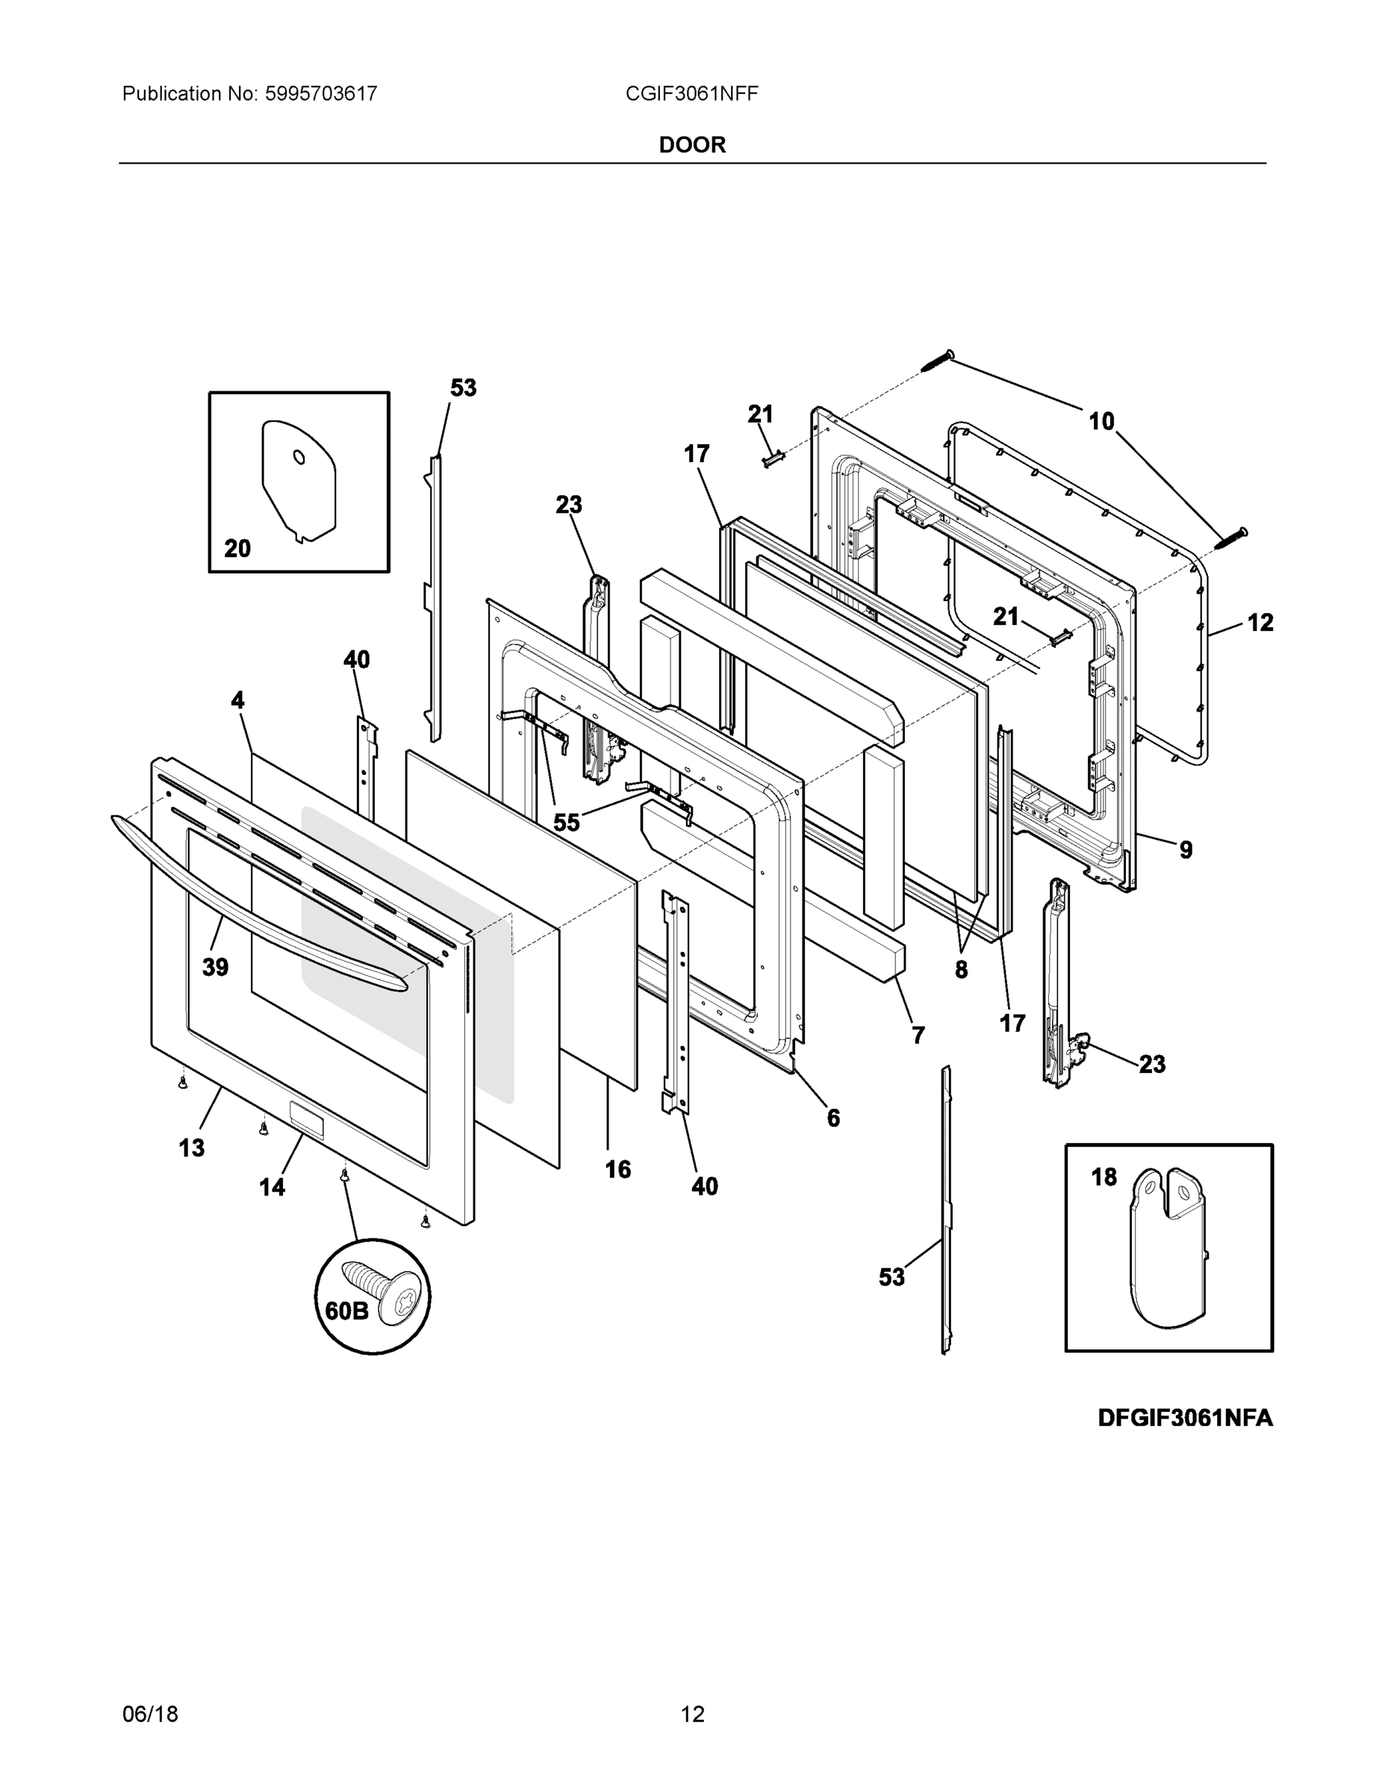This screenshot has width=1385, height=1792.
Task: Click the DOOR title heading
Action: point(691,146)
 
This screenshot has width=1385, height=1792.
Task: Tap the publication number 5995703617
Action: point(320,93)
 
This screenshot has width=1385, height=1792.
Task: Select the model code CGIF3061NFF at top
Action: point(691,93)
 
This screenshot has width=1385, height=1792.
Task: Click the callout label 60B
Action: point(346,1311)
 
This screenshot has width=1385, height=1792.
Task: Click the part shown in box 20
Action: point(299,480)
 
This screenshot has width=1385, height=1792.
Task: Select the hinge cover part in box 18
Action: point(1168,1251)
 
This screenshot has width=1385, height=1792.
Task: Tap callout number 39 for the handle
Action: point(215,968)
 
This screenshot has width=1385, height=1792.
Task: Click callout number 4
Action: point(237,700)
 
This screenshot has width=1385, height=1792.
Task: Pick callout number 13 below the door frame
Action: point(191,1148)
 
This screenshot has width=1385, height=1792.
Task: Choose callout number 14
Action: point(272,1186)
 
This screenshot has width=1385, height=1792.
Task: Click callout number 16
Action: point(617,1169)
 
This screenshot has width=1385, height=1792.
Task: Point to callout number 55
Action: point(566,822)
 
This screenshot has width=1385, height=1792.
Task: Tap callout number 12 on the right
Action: point(1260,623)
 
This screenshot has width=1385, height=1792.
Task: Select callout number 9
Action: point(1186,850)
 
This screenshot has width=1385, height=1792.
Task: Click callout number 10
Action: point(1101,422)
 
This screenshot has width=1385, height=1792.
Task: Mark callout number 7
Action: point(918,1036)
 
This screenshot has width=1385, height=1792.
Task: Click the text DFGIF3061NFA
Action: point(1185,1418)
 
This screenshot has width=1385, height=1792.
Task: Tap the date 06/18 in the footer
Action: point(150,1714)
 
